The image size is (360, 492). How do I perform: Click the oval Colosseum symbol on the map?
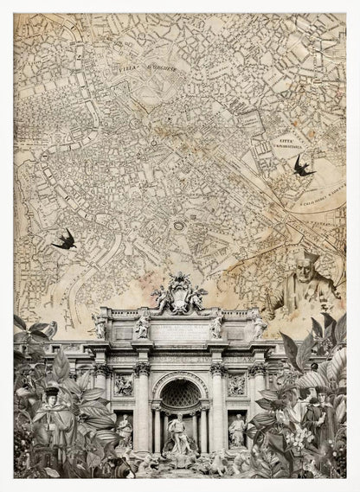pos(179,227)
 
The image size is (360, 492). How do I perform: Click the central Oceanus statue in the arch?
pos(179,430)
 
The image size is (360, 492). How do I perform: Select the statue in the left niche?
pos(124,430)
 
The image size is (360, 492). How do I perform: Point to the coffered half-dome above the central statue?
pos(179,393)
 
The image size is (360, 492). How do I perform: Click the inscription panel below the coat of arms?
pos(179,329)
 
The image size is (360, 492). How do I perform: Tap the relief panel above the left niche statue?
pos(124,385)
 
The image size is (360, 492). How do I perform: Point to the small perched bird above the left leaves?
pos(51,328)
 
